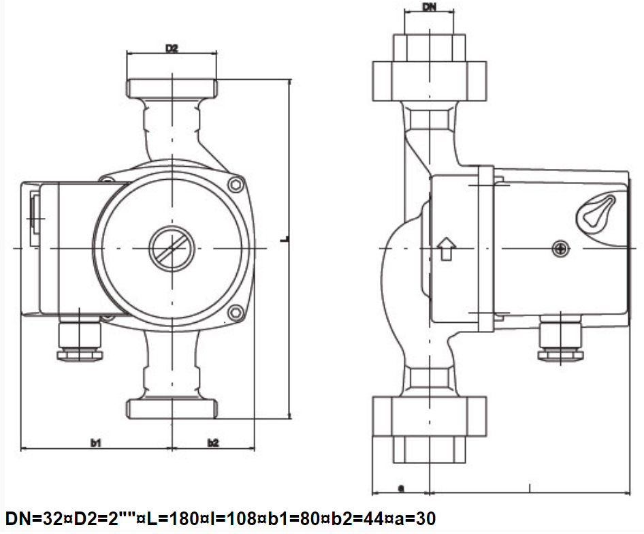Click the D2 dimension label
pyautogui.click(x=172, y=48)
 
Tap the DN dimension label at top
pyautogui.click(x=429, y=7)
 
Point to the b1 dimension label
pyautogui.click(x=96, y=443)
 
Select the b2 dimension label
pyautogui.click(x=213, y=443)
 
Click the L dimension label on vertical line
pyautogui.click(x=287, y=238)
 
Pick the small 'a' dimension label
pyautogui.click(x=401, y=488)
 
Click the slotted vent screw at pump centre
pyautogui.click(x=172, y=249)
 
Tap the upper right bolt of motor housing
pyautogui.click(x=236, y=185)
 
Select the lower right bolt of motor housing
pyautogui.click(x=236, y=313)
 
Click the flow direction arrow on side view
pyautogui.click(x=446, y=249)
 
